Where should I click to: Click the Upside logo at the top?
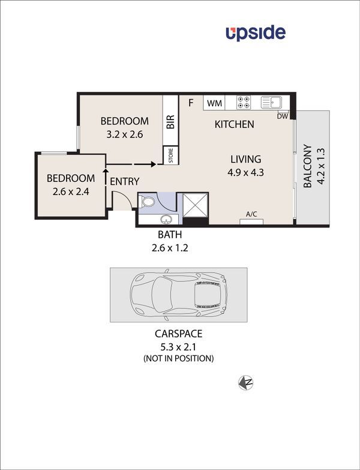tap(256, 33)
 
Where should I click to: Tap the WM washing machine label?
tap(214, 103)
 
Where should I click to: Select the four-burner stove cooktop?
tap(243, 103)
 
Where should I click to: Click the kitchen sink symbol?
tap(272, 103)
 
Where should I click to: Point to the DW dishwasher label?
tap(283, 116)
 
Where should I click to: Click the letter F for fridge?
tap(191, 103)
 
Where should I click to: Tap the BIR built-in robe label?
tap(170, 122)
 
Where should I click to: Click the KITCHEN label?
tap(235, 125)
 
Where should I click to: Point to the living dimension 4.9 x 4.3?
tap(247, 172)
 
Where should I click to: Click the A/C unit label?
tap(251, 214)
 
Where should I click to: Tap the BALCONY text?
tap(307, 166)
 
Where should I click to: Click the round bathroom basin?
tap(166, 218)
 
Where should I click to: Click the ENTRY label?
tap(125, 181)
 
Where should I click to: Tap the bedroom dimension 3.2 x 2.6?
tap(124, 134)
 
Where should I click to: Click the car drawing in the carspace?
tap(179, 295)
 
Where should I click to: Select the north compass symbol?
tap(245, 382)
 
